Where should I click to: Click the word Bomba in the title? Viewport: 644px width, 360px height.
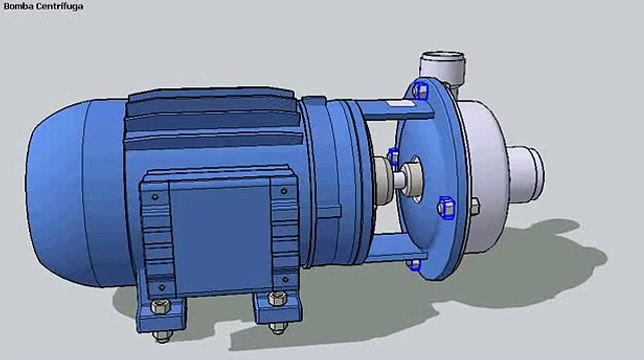point(19,6)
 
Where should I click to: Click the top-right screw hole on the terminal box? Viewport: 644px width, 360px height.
point(283,188)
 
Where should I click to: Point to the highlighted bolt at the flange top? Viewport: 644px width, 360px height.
point(421,93)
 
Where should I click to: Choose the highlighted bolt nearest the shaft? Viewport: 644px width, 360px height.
point(394,157)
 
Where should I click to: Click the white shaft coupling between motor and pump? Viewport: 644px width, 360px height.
point(384,184)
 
